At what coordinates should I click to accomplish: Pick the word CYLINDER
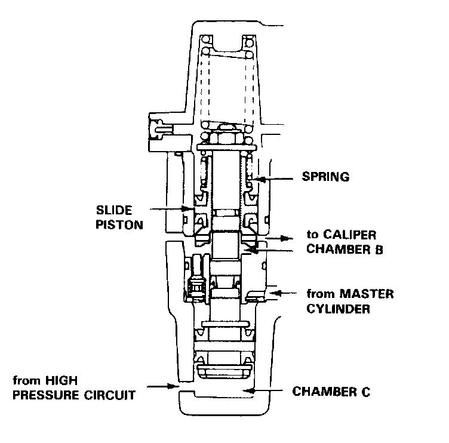[339, 309]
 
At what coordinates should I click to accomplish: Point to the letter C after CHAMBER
[365, 392]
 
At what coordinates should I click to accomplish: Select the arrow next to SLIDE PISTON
[172, 209]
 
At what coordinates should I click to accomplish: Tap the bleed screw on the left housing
[157, 127]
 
